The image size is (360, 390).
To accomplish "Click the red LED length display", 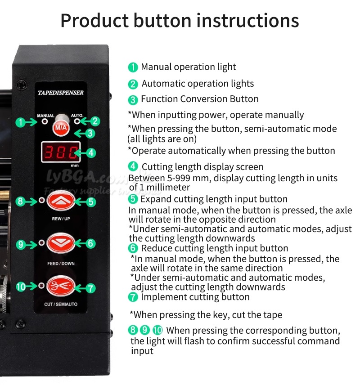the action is pos(61,152).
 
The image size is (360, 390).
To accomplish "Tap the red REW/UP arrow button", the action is pos(61,201).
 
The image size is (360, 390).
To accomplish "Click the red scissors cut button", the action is pos(60,286).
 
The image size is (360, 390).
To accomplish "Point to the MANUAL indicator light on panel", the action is pos(45,121).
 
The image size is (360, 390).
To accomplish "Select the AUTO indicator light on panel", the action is pos(77,121).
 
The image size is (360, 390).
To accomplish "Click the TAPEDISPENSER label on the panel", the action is pos(61,93).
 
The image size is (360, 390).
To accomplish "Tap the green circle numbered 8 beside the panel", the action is pos(20,201).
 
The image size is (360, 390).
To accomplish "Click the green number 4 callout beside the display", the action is pos(91,152).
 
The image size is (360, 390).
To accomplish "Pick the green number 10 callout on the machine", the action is pos(21,287).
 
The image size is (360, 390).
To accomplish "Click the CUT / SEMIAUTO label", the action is pos(61,304).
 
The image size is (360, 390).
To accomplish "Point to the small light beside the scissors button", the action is pos(41,285).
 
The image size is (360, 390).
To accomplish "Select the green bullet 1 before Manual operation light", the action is pos(133,67).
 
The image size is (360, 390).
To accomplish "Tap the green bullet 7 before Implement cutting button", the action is pos(133,297).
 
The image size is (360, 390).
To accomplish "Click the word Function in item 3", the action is pos(159,99).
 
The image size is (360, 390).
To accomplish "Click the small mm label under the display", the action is pos(75,166).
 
